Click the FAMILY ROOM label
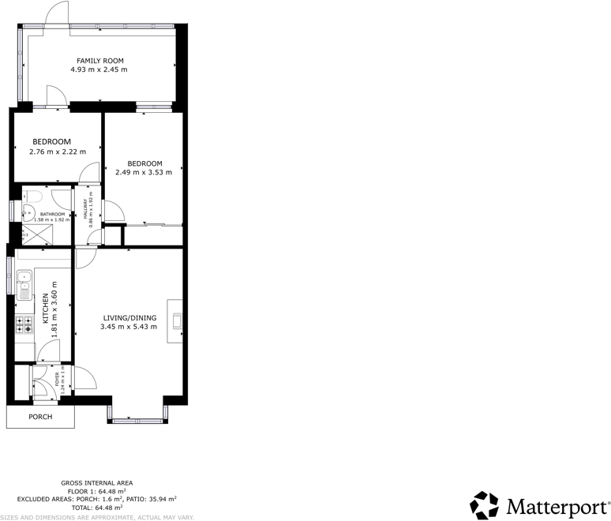pyautogui.click(x=99, y=61)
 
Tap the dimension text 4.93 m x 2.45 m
pyautogui.click(x=99, y=69)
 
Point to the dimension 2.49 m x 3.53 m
pyautogui.click(x=144, y=172)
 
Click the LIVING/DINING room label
pyautogui.click(x=129, y=318)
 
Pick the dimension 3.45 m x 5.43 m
pyautogui.click(x=129, y=327)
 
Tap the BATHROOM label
pyautogui.click(x=52, y=214)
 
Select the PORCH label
pyautogui.click(x=40, y=417)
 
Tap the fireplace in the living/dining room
pyautogui.click(x=176, y=320)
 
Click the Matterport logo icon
pyautogui.click(x=484, y=505)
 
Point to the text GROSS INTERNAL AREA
pyautogui.click(x=97, y=482)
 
